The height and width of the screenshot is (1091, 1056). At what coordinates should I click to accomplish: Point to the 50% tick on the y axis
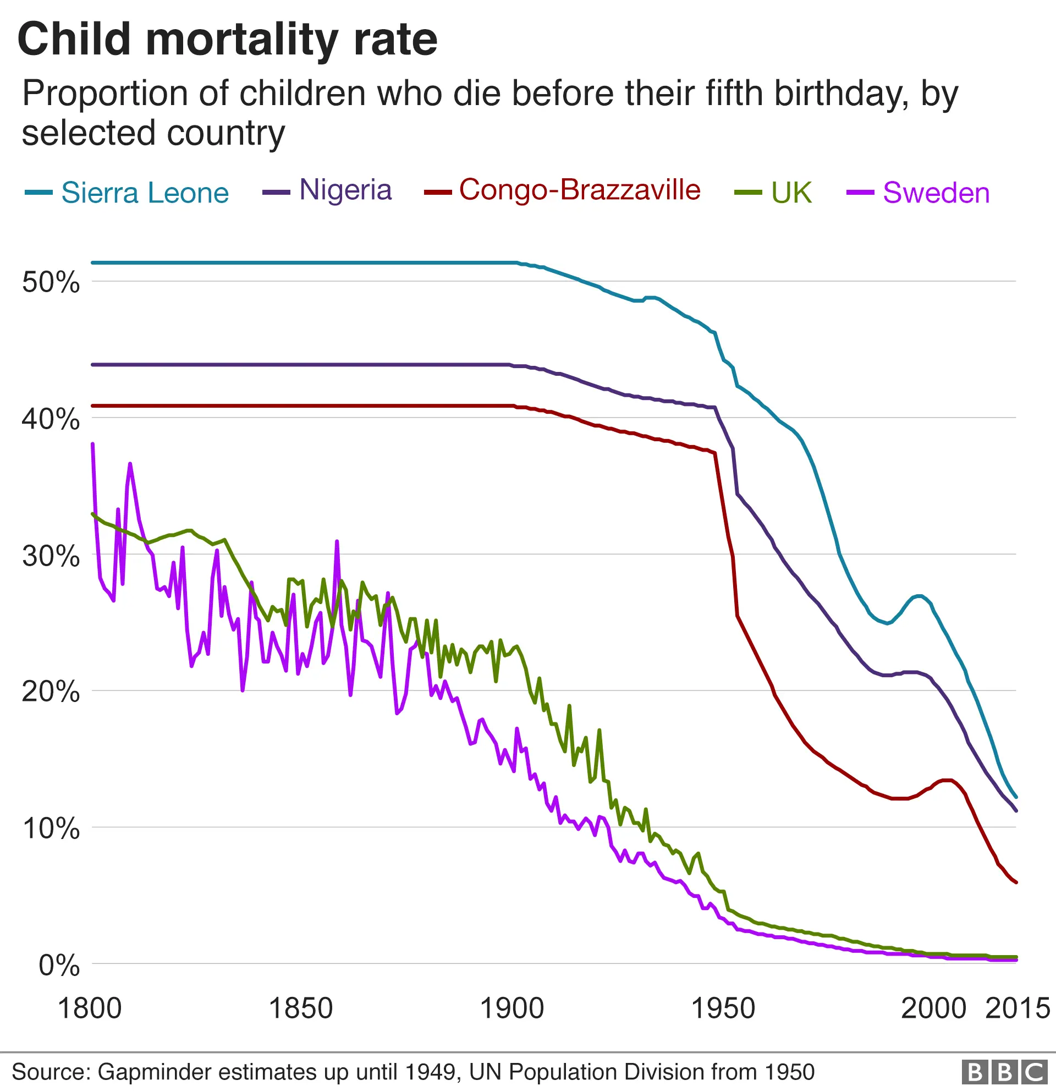click(x=51, y=283)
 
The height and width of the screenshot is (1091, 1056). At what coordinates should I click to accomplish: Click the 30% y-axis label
click(x=51, y=556)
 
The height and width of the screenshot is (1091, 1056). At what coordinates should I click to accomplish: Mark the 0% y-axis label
click(x=58, y=965)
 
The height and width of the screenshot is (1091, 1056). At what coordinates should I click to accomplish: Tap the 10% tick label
click(x=51, y=829)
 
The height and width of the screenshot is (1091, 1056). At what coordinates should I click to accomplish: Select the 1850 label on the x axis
click(x=300, y=1008)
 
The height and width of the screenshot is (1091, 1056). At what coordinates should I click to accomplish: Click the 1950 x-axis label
click(x=723, y=1008)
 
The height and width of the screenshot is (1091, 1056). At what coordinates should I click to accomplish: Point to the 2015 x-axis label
click(x=1017, y=1008)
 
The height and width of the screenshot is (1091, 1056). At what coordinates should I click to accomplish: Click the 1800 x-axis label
click(x=90, y=1008)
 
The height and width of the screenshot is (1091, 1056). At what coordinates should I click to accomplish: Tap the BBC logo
click(x=1004, y=1072)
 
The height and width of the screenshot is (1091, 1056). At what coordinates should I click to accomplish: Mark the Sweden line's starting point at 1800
click(x=92, y=444)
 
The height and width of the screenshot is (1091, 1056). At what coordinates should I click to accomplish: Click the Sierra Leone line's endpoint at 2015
click(x=1016, y=797)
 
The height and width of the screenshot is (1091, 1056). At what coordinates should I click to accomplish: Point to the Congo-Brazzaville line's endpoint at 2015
click(x=1016, y=882)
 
